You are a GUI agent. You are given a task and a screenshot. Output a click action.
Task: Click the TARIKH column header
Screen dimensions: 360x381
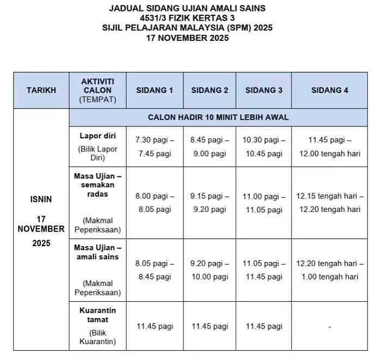[41, 90]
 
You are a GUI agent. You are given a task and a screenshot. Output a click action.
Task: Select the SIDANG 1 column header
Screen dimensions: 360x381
[155, 90]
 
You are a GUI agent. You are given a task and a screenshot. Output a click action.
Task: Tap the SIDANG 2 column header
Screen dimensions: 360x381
[210, 90]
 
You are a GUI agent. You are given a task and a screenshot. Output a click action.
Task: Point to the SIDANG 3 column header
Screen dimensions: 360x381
[263, 90]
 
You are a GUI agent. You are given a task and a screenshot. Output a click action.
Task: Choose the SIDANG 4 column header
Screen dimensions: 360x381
[329, 90]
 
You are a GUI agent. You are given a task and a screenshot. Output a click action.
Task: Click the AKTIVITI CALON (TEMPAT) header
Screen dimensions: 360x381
[98, 90]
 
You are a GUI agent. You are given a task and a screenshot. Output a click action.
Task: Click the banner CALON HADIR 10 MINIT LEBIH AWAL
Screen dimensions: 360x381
[218, 117]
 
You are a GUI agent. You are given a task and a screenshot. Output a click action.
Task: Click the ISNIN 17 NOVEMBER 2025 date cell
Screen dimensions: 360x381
[41, 221]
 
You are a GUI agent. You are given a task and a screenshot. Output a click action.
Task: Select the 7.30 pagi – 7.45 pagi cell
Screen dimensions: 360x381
[155, 147]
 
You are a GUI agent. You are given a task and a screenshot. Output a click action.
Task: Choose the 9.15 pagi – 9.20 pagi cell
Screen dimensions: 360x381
[210, 202]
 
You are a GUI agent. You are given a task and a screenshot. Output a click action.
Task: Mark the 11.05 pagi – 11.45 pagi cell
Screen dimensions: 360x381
[263, 270]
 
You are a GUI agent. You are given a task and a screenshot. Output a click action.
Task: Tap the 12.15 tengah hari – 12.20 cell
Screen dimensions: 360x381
[329, 202]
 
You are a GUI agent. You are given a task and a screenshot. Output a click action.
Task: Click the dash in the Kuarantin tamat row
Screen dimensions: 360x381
[329, 326]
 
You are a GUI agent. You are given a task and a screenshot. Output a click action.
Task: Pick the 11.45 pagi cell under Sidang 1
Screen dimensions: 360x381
[155, 326]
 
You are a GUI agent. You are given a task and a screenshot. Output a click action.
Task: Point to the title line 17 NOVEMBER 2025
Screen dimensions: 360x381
[191, 38]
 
